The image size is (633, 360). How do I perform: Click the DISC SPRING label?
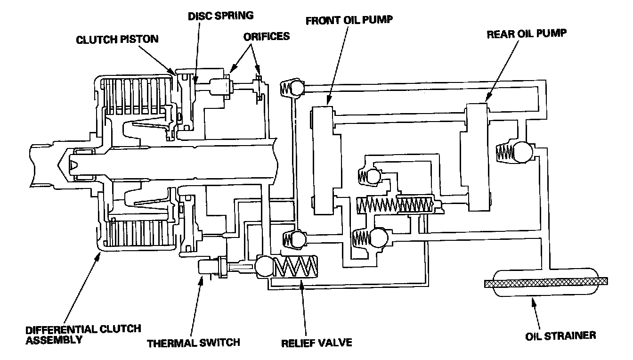pyautogui.click(x=221, y=16)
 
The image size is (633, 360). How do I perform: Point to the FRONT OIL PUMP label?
pyautogui.click(x=349, y=21)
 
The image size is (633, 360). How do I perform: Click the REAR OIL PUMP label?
pyautogui.click(x=526, y=34)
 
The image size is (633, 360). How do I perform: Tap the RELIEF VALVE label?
pyautogui.click(x=316, y=342)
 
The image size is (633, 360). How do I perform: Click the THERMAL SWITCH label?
pyautogui.click(x=194, y=342)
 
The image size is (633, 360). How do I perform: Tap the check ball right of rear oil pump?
pyautogui.click(x=522, y=152)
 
